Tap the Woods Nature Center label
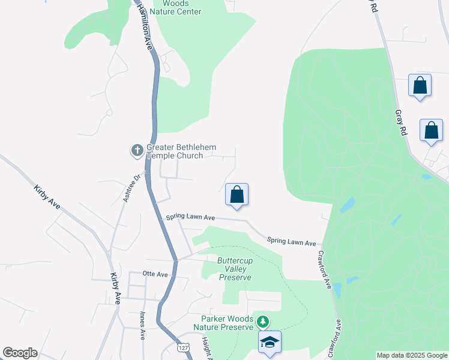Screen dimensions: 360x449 pos(175,7)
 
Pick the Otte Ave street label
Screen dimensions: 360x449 pos(155,273)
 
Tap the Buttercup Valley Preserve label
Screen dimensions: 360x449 pos(235,269)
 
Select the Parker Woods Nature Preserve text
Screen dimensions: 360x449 pos(223,323)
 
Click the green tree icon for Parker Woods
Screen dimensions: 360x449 pos(262,322)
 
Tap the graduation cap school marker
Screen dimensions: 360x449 pos(270,342)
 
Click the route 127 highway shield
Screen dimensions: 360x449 pos(183,348)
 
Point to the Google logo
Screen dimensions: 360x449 pos(20,353)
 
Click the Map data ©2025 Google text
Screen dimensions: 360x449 pos(411,355)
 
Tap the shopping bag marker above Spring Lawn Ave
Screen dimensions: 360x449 pos(237,194)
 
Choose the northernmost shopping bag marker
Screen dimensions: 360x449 pos(420,85)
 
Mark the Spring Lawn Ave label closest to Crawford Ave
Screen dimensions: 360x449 pos(292,242)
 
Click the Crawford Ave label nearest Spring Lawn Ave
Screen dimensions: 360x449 pos(325,269)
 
